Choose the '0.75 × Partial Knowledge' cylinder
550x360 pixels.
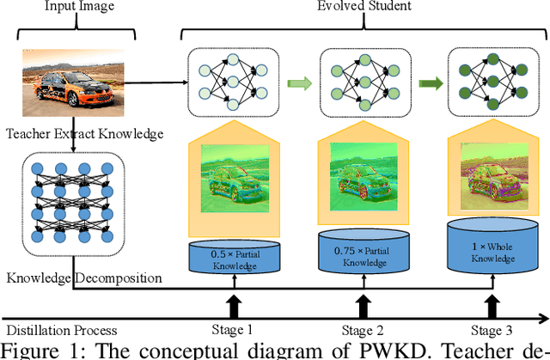pyautogui.click(x=360, y=250)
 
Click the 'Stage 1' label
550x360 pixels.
pyautogui.click(x=232, y=330)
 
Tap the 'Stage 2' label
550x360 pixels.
pyautogui.click(x=361, y=330)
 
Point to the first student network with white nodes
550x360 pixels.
pyautogui.click(x=234, y=81)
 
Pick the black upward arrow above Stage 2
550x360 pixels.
pyautogui.click(x=361, y=306)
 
